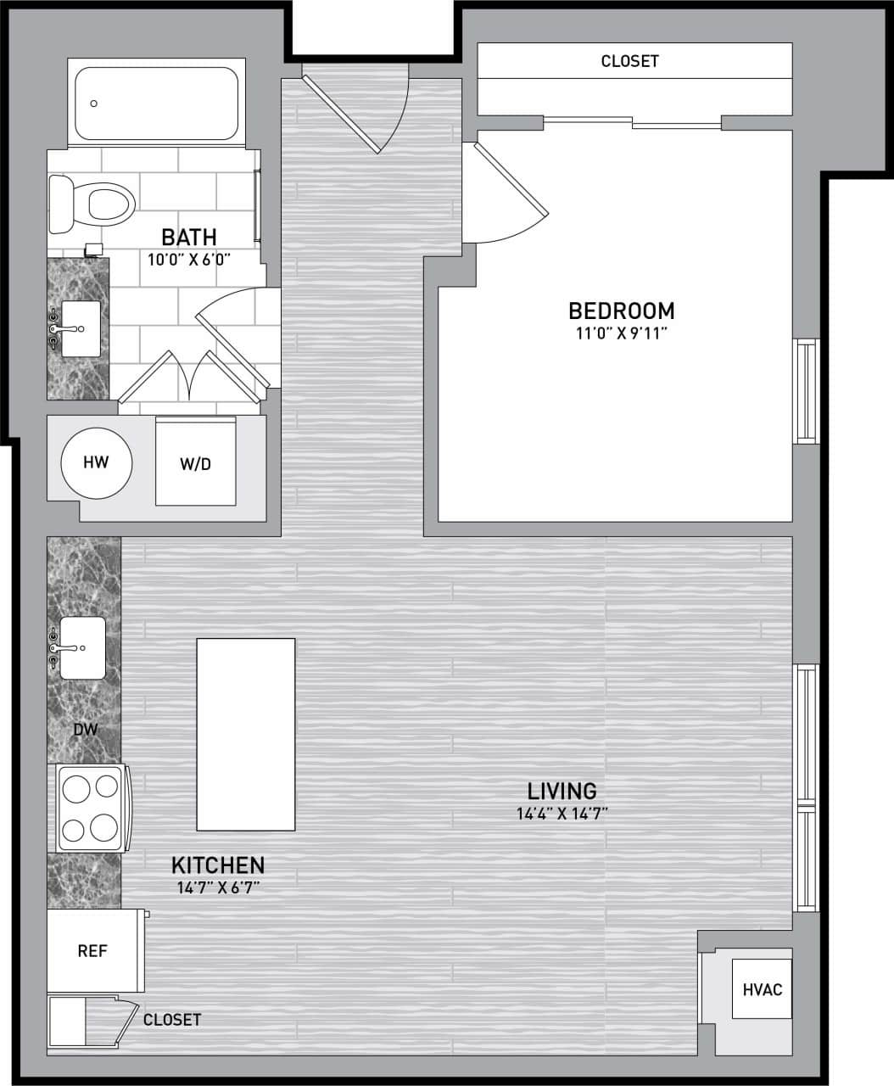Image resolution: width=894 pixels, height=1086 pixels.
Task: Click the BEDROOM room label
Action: click(621, 311)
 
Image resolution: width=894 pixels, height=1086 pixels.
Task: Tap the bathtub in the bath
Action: click(156, 104)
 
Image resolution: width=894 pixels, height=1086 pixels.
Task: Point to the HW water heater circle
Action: click(97, 462)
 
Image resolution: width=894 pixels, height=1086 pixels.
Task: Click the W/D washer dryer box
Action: click(195, 463)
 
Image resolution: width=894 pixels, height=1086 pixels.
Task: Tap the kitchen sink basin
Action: click(82, 647)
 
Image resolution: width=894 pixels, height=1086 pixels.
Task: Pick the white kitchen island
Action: click(246, 735)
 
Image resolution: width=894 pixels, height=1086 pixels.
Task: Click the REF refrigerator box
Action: click(92, 951)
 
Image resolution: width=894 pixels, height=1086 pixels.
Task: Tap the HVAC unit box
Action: click(762, 989)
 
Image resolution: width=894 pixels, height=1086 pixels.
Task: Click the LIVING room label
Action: click(562, 791)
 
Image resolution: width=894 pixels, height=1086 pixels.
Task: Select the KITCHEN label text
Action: click(218, 865)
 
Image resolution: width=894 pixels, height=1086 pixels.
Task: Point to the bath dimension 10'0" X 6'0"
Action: click(190, 260)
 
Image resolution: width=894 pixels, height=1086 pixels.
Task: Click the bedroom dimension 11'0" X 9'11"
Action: click(622, 333)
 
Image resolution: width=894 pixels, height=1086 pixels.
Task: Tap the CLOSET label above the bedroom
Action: click(629, 61)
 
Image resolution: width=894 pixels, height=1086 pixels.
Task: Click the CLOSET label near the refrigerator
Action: click(172, 1019)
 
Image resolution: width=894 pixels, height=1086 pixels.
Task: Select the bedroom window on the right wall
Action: click(805, 391)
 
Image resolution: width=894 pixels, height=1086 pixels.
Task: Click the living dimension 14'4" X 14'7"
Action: click(562, 814)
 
